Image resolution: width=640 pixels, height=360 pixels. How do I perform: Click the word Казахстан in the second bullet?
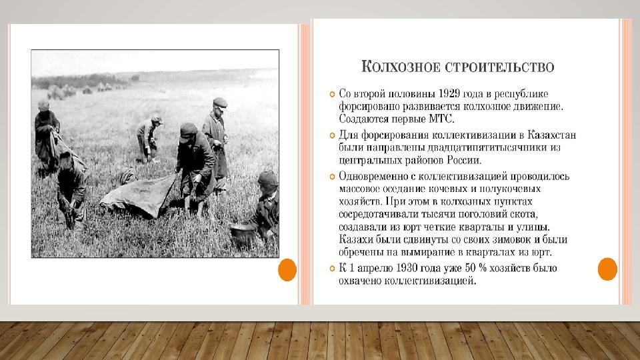point(551,134)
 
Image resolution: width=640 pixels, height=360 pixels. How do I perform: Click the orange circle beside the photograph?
point(287,269)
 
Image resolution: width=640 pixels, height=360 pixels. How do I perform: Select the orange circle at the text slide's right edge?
point(607,269)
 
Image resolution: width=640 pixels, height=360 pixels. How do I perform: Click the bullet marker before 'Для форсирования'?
point(332,135)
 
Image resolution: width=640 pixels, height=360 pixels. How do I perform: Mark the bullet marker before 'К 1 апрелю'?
point(332,269)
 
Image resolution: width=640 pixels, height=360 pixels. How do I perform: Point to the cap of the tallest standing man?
point(220,102)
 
